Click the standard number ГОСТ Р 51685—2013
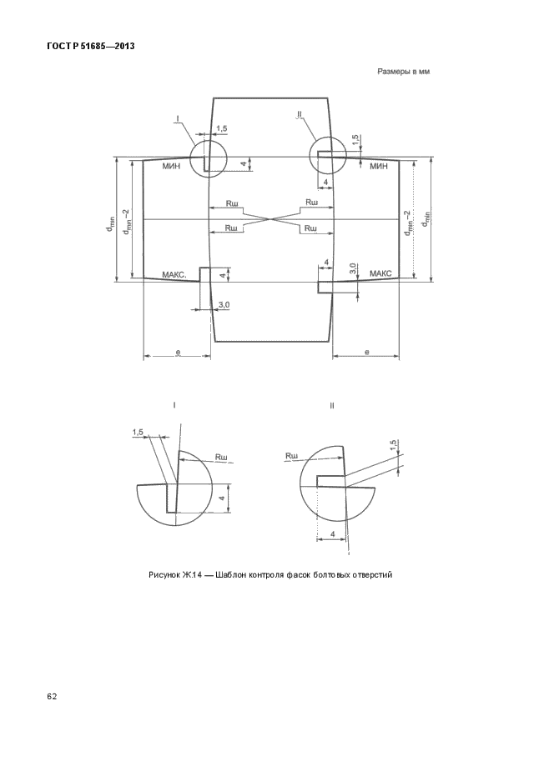click(x=90, y=47)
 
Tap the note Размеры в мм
click(x=403, y=72)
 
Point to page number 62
click(x=52, y=697)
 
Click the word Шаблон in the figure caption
click(x=231, y=575)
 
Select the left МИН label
click(x=171, y=167)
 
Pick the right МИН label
click(x=379, y=167)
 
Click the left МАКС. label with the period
click(x=174, y=274)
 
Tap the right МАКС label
click(x=380, y=273)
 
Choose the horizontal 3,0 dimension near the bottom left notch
click(x=224, y=304)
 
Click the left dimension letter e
click(x=178, y=352)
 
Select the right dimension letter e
click(x=367, y=352)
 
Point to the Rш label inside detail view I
click(x=222, y=457)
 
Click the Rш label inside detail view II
click(x=291, y=456)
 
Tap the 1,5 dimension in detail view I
click(x=138, y=432)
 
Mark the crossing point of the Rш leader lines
click(x=271, y=219)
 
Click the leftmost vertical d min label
click(x=110, y=223)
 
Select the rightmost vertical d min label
click(x=426, y=218)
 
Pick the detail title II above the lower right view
click(x=332, y=406)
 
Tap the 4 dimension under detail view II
click(x=332, y=533)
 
